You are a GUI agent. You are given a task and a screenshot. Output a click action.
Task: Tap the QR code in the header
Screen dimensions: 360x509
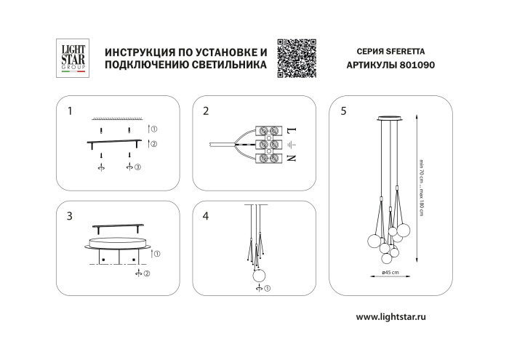coord(297,57)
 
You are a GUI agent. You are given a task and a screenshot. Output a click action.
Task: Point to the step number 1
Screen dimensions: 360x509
coord(69,111)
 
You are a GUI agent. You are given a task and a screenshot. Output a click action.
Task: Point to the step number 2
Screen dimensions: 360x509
coord(206,111)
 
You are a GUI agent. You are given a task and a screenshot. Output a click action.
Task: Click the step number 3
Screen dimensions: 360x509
coord(69,216)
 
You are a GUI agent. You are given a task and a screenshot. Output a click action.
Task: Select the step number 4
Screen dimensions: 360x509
coord(206,216)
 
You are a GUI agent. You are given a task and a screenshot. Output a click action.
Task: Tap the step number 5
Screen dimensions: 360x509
coord(343,111)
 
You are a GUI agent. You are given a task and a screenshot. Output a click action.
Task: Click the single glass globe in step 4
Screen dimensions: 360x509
coord(258,275)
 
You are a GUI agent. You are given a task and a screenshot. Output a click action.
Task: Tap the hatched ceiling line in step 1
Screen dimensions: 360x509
coord(116,118)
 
